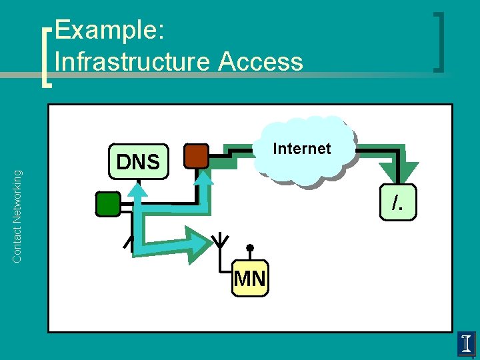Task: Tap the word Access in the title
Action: [x=261, y=61]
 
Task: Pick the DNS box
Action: [x=138, y=161]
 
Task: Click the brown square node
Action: [x=196, y=155]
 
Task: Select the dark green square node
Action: [x=107, y=204]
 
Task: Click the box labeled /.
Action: [x=397, y=202]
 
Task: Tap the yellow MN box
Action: [x=250, y=278]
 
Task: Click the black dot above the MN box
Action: [x=250, y=248]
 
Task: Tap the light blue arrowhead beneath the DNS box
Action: [x=137, y=190]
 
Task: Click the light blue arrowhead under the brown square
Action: [x=205, y=177]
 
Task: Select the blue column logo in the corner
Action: [x=467, y=343]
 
